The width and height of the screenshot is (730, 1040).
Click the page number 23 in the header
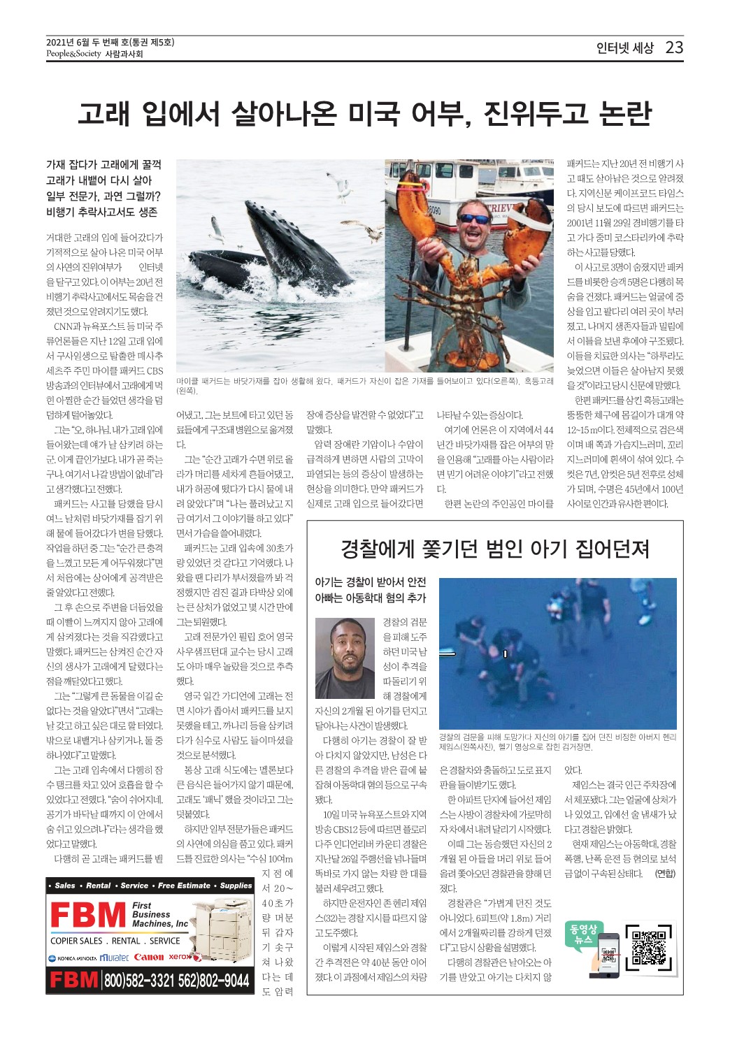[674, 48]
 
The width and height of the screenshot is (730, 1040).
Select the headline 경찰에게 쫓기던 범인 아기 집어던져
[495, 549]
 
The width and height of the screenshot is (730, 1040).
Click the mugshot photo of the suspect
[345, 657]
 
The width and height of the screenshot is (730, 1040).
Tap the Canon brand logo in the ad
[148, 957]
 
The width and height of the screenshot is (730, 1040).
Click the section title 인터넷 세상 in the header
[624, 48]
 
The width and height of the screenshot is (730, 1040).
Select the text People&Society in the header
[73, 54]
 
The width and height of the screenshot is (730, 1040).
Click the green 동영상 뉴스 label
[583, 934]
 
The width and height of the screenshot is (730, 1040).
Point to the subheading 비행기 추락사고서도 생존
[101, 212]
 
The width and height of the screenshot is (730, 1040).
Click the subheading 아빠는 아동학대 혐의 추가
[370, 598]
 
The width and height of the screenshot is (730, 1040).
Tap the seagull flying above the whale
[338, 186]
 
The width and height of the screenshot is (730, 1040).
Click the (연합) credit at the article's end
[665, 874]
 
